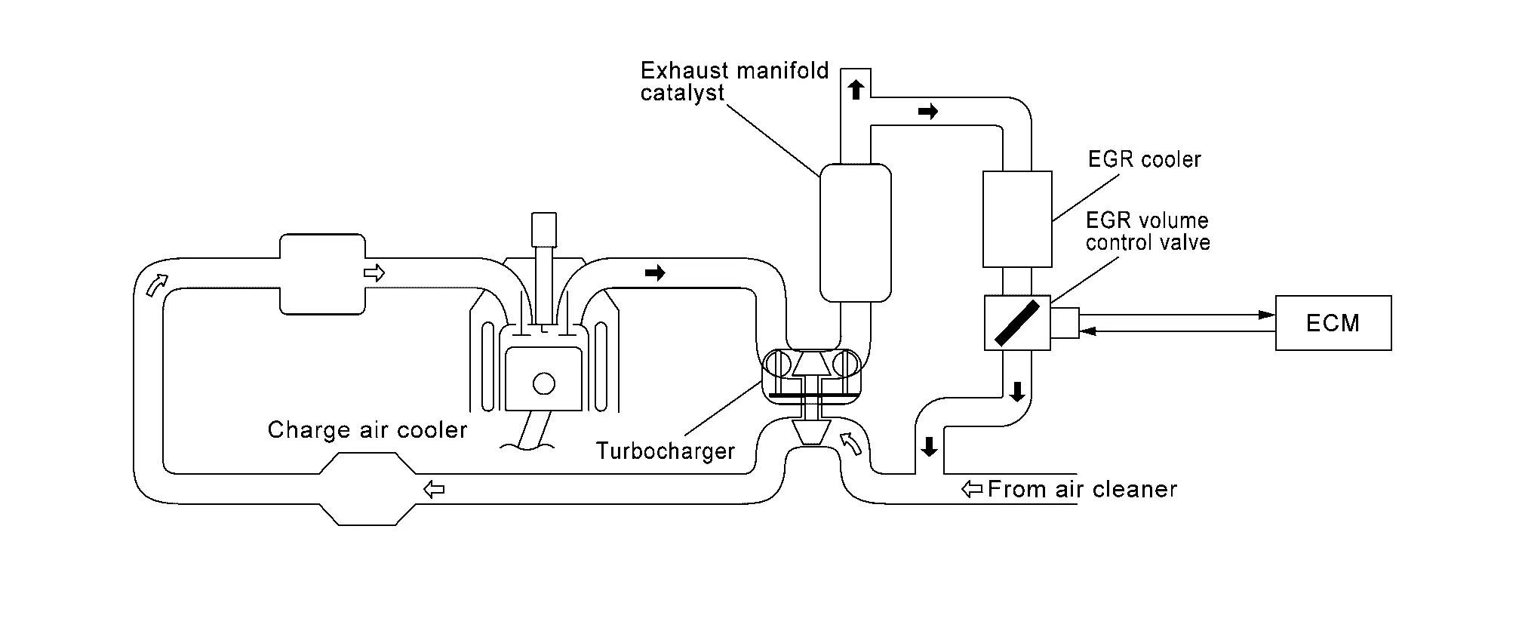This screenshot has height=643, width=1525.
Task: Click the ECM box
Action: [1333, 323]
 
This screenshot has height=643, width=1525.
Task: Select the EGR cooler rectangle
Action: [1017, 219]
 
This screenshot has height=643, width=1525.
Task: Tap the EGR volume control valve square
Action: [1017, 322]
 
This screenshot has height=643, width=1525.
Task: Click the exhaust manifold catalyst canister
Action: [855, 232]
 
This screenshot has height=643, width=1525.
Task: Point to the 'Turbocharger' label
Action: [666, 451]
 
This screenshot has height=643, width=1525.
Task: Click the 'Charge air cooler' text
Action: [367, 429]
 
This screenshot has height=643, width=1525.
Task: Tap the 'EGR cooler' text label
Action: [1144, 159]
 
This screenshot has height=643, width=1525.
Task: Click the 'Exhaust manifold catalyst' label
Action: [734, 82]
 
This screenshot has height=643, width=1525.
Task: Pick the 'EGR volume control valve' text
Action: [1148, 231]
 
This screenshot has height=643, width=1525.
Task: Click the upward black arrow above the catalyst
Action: [855, 90]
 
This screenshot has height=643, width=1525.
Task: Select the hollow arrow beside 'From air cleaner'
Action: [972, 489]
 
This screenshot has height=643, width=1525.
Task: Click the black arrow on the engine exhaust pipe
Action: [655, 272]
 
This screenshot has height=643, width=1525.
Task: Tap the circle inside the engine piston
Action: [543, 383]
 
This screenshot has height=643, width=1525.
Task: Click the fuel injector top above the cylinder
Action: [543, 229]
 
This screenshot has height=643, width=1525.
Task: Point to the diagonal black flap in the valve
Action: [1017, 323]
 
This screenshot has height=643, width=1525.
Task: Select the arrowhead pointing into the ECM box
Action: [1268, 315]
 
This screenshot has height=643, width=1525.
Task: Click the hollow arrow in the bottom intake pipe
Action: [434, 489]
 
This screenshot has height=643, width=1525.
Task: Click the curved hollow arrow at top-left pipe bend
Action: [156, 285]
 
